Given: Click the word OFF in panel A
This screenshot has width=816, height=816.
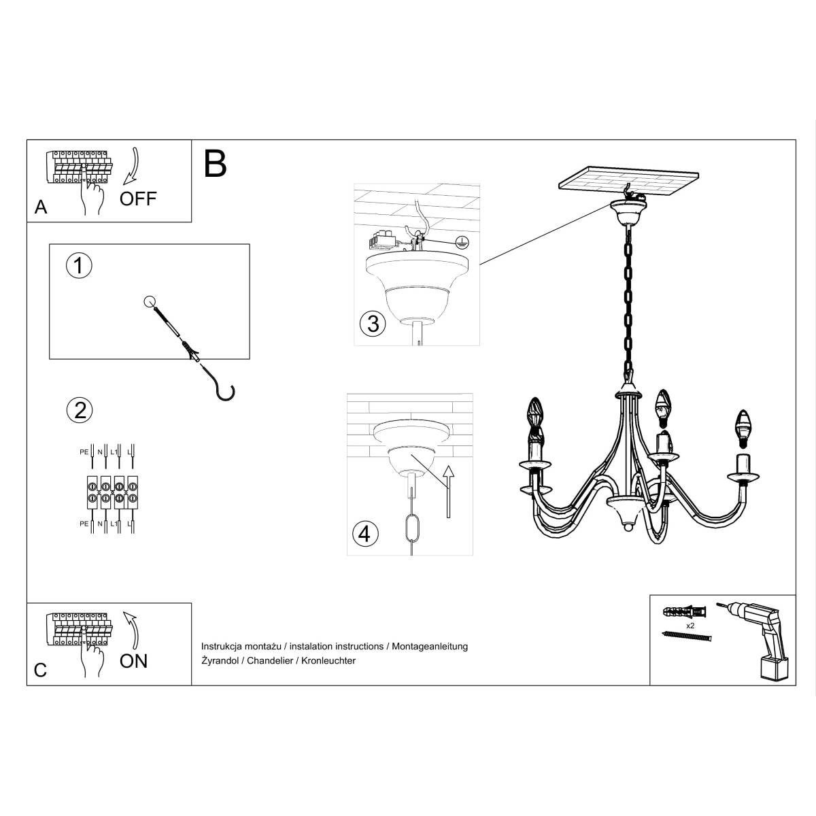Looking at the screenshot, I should click(x=138, y=199).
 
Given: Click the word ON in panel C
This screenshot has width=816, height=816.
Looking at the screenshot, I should click(x=133, y=660).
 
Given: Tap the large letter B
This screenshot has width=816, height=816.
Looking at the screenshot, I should click(x=215, y=164).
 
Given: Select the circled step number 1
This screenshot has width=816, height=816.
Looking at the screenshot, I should click(x=79, y=266).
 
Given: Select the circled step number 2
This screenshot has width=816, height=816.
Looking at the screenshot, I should click(x=79, y=410).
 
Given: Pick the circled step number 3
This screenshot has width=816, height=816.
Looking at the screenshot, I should click(x=372, y=324).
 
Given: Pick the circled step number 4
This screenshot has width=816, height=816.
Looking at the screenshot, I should click(x=364, y=534).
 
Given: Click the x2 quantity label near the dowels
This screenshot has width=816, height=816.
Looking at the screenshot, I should click(x=690, y=624).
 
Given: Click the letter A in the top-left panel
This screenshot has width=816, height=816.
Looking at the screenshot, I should click(x=41, y=207).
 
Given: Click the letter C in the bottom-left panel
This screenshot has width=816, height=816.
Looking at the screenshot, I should click(x=41, y=670).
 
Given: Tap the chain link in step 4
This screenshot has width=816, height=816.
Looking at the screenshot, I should click(x=411, y=530).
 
